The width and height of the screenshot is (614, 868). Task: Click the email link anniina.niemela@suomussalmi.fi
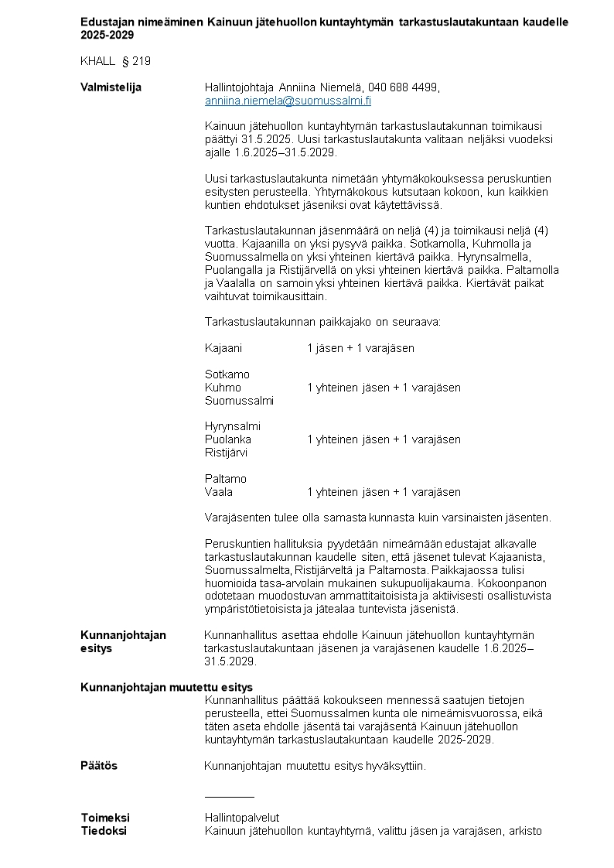(288, 101)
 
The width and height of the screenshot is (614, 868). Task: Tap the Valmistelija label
(111, 87)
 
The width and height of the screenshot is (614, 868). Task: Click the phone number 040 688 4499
(404, 87)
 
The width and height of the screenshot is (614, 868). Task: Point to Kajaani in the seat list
(223, 348)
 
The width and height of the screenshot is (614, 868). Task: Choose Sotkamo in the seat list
(227, 374)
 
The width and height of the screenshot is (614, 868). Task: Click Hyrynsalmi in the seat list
(233, 426)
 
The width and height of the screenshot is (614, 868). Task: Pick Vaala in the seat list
(219, 492)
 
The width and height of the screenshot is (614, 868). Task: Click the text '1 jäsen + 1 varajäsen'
(360, 348)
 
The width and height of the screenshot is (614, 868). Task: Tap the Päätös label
(99, 766)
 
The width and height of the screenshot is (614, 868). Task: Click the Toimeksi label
(105, 818)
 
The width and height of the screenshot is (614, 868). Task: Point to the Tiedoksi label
(104, 831)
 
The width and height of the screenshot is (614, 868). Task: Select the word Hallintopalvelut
(242, 818)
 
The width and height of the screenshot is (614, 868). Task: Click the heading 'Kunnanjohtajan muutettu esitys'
(166, 687)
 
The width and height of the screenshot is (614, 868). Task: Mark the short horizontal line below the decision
(230, 796)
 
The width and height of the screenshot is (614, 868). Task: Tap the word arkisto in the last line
(525, 831)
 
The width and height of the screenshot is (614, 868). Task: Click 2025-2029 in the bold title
(107, 35)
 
